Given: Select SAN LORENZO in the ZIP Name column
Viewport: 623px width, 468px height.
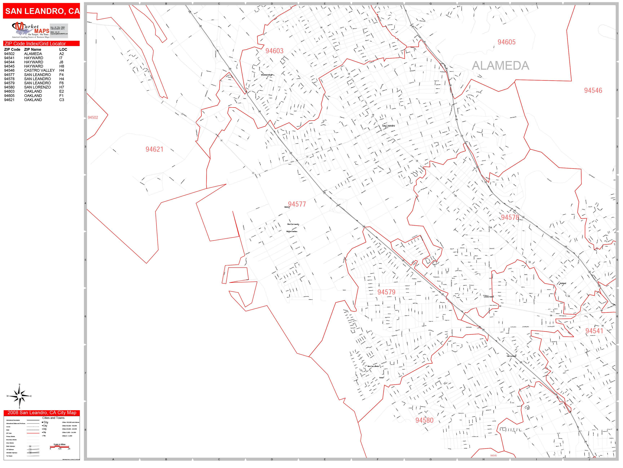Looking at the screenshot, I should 37,87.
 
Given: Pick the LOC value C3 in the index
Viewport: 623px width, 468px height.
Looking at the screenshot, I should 62,100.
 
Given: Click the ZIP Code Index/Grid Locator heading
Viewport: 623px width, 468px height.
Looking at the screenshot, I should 35,44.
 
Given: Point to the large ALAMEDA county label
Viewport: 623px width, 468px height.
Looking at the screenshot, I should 500,66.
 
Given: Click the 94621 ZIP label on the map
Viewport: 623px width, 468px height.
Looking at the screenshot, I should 154,149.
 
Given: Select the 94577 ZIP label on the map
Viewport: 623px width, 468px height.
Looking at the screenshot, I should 297,204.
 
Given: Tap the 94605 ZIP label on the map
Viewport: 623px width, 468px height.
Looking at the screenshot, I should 506,42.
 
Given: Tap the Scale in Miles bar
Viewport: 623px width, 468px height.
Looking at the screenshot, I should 59,446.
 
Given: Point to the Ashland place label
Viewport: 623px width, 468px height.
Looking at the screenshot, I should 563,283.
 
